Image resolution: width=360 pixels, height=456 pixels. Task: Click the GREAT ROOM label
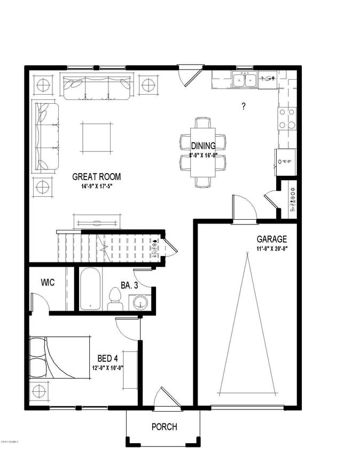(x=97, y=177)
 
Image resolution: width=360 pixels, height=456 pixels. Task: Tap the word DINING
(x=203, y=146)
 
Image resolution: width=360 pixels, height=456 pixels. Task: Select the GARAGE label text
(x=271, y=239)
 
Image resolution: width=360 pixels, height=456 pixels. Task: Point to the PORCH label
(x=164, y=427)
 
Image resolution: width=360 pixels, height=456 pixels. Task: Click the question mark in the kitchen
(x=244, y=106)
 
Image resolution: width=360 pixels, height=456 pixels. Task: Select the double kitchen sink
(x=244, y=80)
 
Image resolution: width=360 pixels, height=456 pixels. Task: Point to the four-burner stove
(x=287, y=119)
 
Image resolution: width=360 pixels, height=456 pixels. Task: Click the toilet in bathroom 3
(x=114, y=298)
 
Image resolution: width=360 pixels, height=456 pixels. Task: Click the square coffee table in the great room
(x=97, y=137)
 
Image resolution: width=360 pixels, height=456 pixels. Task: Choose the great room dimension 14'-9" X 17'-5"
(x=96, y=187)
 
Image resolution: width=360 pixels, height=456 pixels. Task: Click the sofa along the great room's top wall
(x=97, y=87)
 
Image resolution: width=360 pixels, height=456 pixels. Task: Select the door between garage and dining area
(x=244, y=208)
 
